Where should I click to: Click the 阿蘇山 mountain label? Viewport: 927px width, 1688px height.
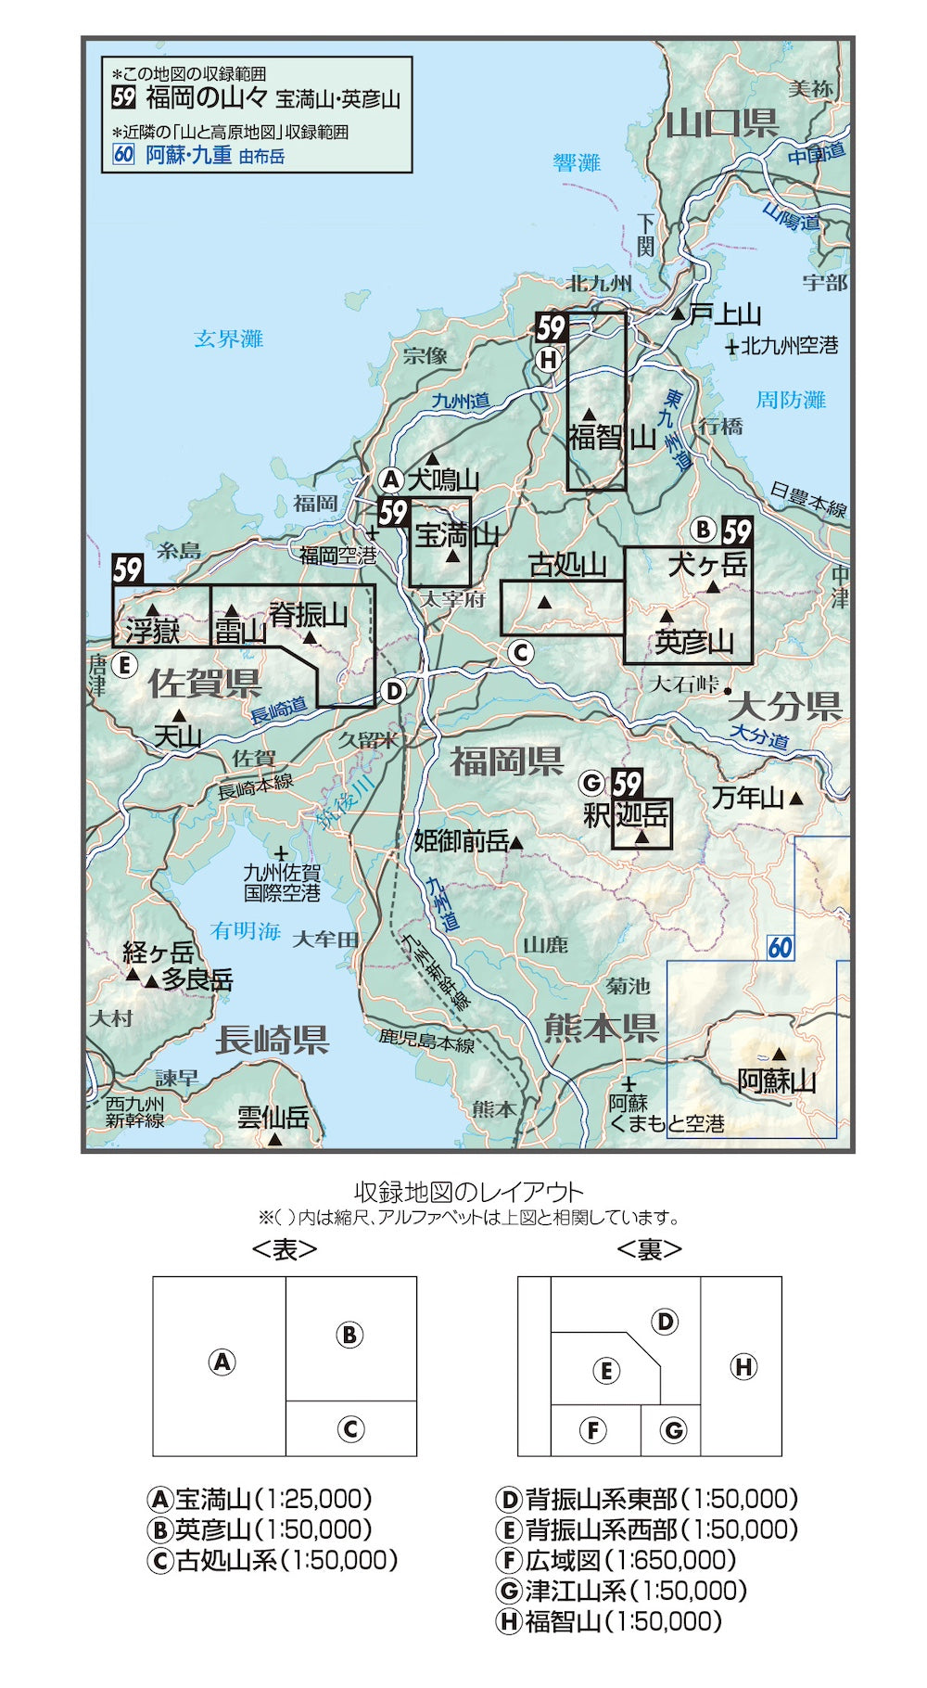tap(777, 1081)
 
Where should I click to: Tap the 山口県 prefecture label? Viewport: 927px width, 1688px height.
tap(722, 122)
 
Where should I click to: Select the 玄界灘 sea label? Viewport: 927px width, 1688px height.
tap(228, 339)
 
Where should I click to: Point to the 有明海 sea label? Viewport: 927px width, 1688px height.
tap(245, 930)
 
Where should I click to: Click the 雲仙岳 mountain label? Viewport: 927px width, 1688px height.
tap(273, 1117)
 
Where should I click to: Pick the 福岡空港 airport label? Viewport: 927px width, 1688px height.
tap(337, 556)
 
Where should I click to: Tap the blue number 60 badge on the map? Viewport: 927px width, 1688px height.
tap(781, 947)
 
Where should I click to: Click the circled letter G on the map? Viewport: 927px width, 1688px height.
tap(590, 784)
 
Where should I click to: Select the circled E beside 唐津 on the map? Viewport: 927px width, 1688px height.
tap(123, 665)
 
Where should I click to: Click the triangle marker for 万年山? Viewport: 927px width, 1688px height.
tap(795, 799)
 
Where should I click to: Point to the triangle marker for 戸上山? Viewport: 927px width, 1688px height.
tap(679, 315)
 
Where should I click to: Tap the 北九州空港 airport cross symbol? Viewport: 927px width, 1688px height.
tap(731, 347)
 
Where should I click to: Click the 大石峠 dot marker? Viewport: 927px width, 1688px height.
tap(729, 691)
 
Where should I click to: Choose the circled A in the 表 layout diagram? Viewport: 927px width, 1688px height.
tap(222, 1362)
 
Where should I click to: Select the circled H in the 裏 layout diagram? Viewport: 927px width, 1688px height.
tap(743, 1366)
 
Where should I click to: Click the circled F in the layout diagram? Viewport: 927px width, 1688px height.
tap(593, 1430)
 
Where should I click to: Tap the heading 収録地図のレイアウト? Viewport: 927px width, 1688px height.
tap(469, 1193)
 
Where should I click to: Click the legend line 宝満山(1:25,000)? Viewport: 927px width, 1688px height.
tap(260, 1499)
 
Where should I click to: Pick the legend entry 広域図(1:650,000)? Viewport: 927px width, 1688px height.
tap(616, 1560)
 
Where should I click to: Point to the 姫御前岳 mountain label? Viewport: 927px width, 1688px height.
tap(462, 841)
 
